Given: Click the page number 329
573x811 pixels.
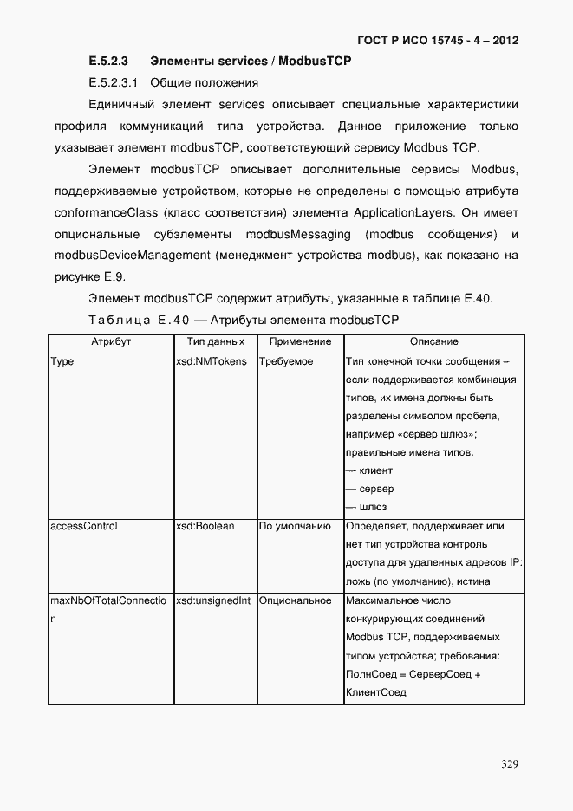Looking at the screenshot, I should click(x=510, y=763).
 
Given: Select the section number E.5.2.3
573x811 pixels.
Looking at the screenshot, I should click(x=108, y=62).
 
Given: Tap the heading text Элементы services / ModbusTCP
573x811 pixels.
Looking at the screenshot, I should click(x=251, y=62).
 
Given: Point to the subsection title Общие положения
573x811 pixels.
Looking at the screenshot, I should click(x=204, y=83).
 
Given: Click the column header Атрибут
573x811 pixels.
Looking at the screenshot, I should click(x=110, y=342).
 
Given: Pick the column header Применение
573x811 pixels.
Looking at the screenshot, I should click(x=299, y=342).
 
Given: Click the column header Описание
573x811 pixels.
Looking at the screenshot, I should click(x=433, y=342).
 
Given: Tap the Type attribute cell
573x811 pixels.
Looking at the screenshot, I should click(x=62, y=361).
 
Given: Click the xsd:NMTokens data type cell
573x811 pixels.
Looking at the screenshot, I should click(x=211, y=361).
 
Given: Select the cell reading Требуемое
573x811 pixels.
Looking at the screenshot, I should click(x=286, y=361).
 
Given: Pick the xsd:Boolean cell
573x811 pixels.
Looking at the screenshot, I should click(x=205, y=526).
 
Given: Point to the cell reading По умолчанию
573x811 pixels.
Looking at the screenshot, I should click(x=295, y=526).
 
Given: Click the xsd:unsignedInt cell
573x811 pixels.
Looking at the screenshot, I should click(x=212, y=600).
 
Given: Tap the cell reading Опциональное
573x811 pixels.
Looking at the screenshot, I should click(x=295, y=600).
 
